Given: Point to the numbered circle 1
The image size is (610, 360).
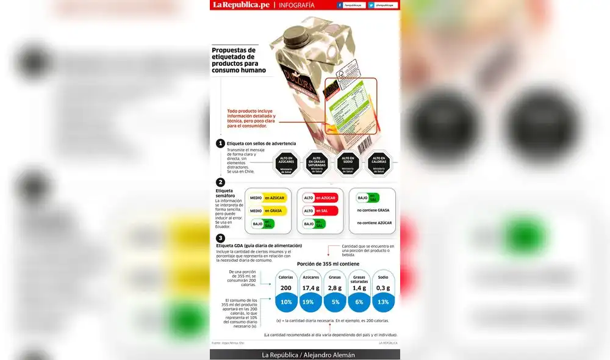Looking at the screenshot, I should coord(220,143).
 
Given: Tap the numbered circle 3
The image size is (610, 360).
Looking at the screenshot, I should coord(220,239).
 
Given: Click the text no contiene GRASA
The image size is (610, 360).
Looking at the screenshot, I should coord(373,211).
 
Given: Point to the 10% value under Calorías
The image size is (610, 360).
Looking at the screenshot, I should coord(285,302).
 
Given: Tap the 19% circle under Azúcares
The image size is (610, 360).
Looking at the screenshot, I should coord(310,302).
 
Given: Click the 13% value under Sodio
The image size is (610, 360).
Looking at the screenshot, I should coord(382,302).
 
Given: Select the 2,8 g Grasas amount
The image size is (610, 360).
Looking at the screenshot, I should coord(335,288).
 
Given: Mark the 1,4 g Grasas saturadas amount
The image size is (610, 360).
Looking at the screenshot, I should coord(359,288).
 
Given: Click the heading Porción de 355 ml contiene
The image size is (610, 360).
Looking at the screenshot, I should coord(328,264).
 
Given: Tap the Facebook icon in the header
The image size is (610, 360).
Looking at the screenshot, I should coord(339,5).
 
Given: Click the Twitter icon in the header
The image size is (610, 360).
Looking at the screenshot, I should coord(371,5).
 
